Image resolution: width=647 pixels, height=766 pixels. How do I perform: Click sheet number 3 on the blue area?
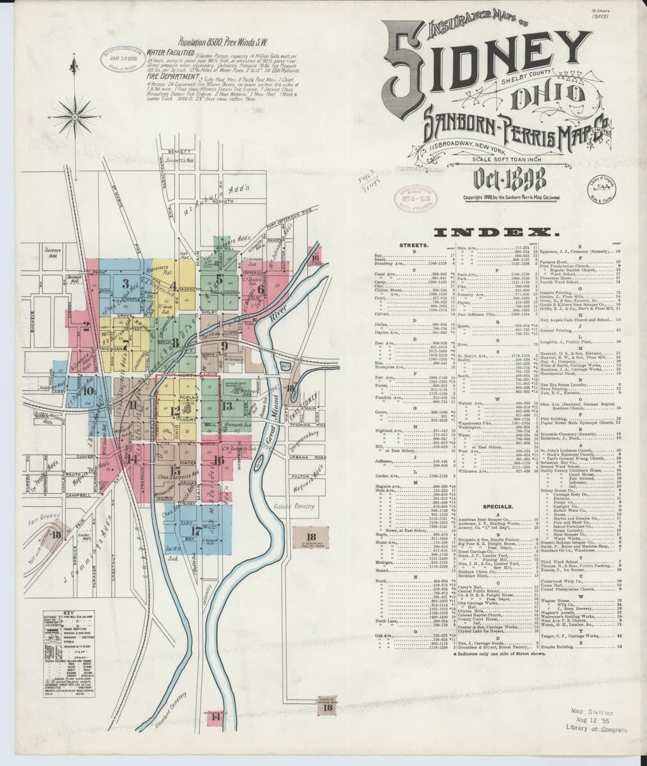click(x=126, y=284)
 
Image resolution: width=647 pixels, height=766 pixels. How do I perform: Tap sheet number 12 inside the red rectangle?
click(x=174, y=411)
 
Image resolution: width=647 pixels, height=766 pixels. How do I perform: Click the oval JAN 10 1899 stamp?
click(x=119, y=59)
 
